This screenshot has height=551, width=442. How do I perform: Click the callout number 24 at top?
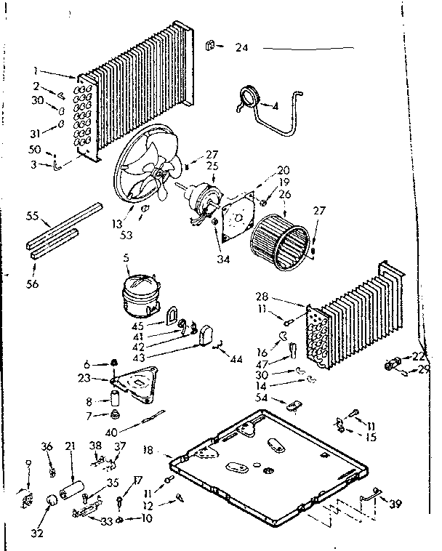[241, 48]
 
